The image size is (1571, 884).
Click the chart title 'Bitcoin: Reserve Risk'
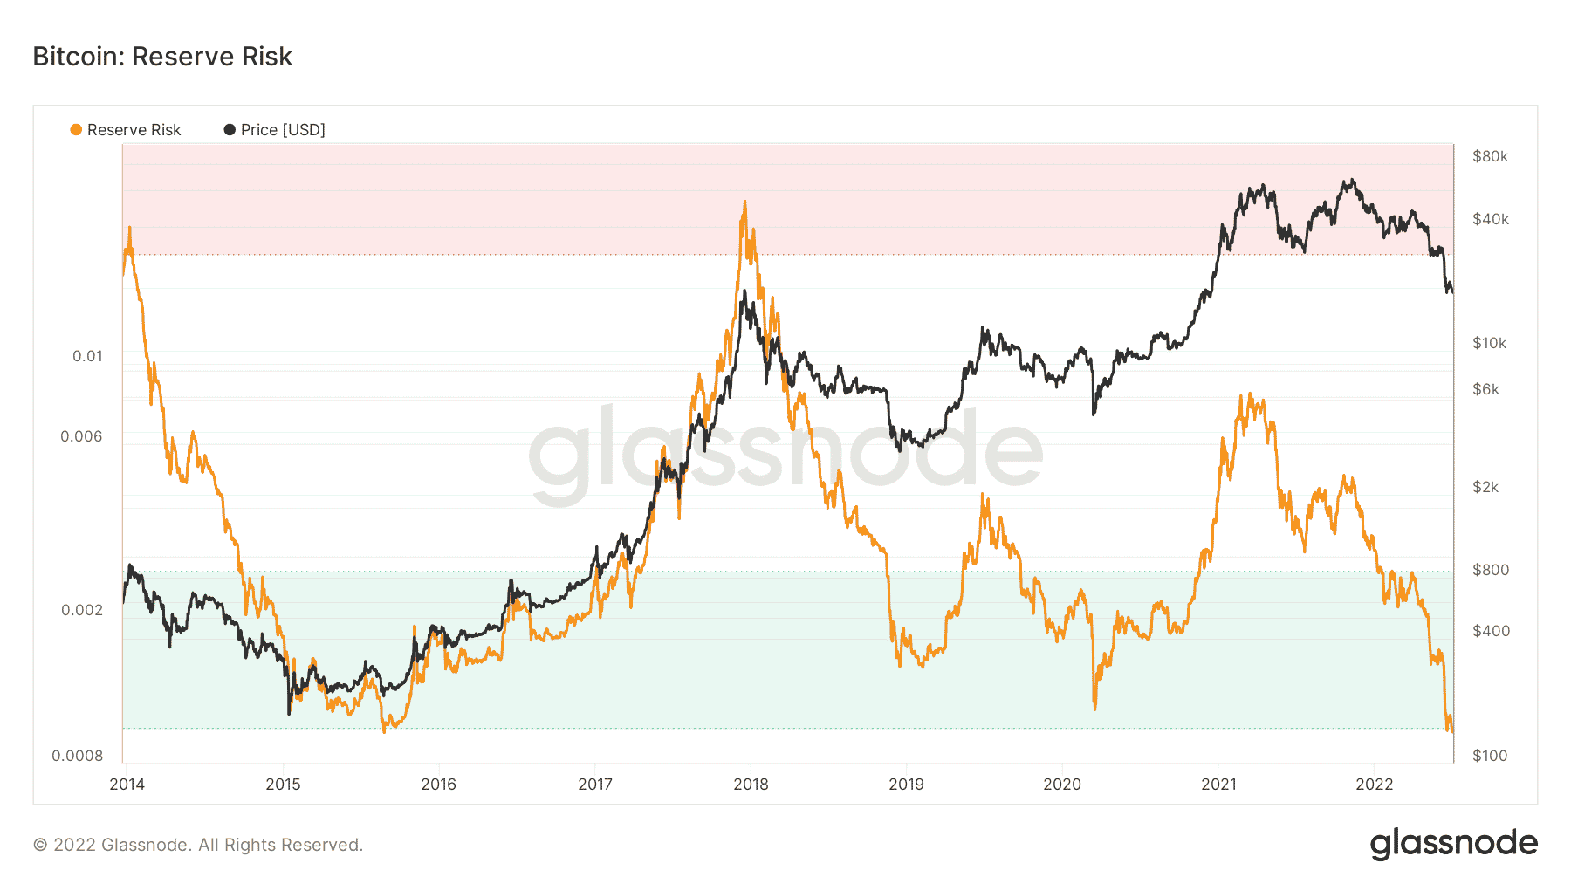point(162,57)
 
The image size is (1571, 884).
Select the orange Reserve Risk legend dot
point(76,130)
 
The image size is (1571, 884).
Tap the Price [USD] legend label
point(283,130)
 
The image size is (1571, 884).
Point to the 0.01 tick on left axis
point(87,356)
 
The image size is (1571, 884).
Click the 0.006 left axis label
point(81,436)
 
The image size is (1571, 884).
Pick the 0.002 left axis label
point(82,610)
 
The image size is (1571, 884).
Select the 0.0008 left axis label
point(78,756)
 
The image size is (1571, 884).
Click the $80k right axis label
point(1490,157)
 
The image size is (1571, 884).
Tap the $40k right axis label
point(1490,219)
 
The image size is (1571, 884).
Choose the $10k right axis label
point(1489,343)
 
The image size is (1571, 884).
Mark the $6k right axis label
point(1485,389)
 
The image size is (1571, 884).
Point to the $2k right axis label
point(1485,487)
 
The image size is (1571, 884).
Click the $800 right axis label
point(1490,570)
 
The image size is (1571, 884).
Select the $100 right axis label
point(1490,756)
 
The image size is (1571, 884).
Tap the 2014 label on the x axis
point(127,784)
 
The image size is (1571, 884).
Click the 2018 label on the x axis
point(751,784)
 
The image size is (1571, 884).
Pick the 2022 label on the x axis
point(1375,784)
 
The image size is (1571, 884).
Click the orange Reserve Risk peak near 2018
point(744,202)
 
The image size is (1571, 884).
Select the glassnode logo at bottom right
point(1453,844)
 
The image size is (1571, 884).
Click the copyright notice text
point(198,845)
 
